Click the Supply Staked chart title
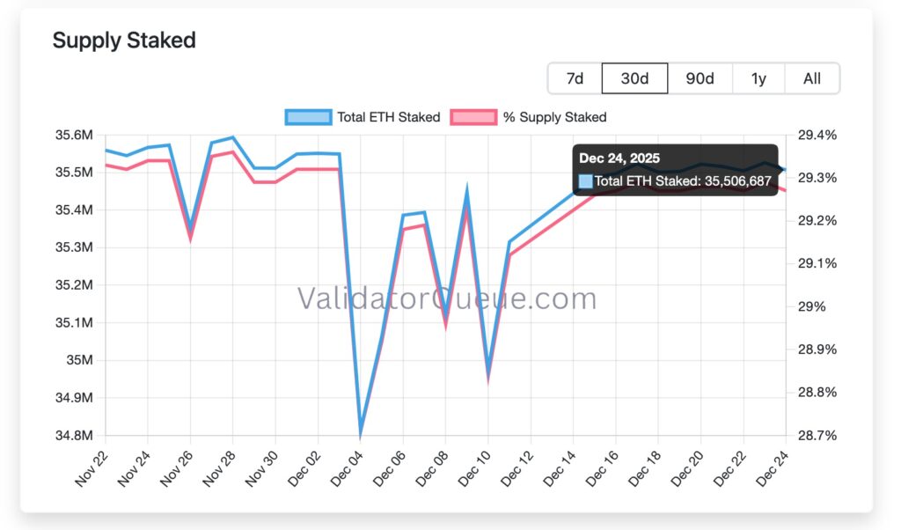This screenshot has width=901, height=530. [x=124, y=40]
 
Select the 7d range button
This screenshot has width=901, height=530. [x=575, y=78]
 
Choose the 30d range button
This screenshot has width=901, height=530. [x=634, y=78]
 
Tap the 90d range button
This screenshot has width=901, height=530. [x=700, y=78]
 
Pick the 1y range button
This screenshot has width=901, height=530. [x=758, y=78]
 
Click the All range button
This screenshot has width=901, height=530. [x=812, y=78]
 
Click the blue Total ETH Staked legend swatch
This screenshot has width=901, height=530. [x=308, y=117]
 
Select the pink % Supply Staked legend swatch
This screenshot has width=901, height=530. [x=473, y=117]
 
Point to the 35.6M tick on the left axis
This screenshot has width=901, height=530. [x=74, y=135]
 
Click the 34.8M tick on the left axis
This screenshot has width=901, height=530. [x=74, y=436]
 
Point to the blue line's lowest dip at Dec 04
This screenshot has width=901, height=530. [x=360, y=433]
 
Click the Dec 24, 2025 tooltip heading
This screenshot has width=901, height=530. [x=619, y=158]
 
